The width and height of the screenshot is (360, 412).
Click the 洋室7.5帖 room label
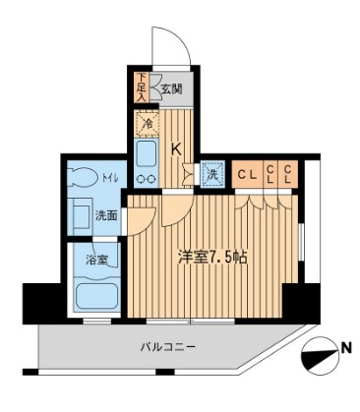point(210,260)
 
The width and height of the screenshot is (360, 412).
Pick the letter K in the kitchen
point(177,149)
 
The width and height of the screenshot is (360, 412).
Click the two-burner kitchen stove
point(148,179)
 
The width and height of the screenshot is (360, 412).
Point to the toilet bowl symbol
point(81,180)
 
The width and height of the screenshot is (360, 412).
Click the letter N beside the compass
point(346,347)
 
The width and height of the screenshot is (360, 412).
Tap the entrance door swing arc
point(164,43)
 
